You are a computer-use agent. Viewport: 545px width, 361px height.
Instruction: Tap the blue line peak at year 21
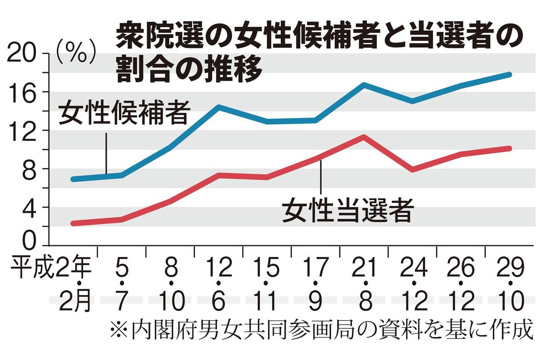[364, 85]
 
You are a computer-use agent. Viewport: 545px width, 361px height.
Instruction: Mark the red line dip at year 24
[412, 169]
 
